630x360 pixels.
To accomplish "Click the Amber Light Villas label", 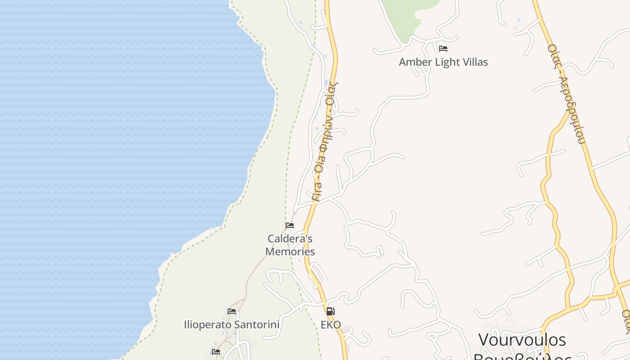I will click(443, 62).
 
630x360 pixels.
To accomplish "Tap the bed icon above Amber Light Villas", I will click(443, 48).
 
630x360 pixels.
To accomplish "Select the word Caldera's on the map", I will click(290, 238).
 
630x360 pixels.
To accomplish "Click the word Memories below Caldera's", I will click(290, 252).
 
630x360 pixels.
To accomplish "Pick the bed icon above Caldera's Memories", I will click(290, 225).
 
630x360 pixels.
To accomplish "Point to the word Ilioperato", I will click(207, 324).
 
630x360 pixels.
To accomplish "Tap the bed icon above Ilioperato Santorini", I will click(232, 311).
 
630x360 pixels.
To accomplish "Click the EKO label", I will click(331, 324).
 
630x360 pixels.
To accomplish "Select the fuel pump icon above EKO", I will click(330, 311).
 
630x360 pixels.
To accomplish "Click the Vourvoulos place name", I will click(522, 339).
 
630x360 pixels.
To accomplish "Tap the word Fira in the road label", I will click(316, 191).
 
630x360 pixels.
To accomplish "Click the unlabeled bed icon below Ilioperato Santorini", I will click(216, 351).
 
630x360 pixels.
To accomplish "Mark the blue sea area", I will click(112, 135).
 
